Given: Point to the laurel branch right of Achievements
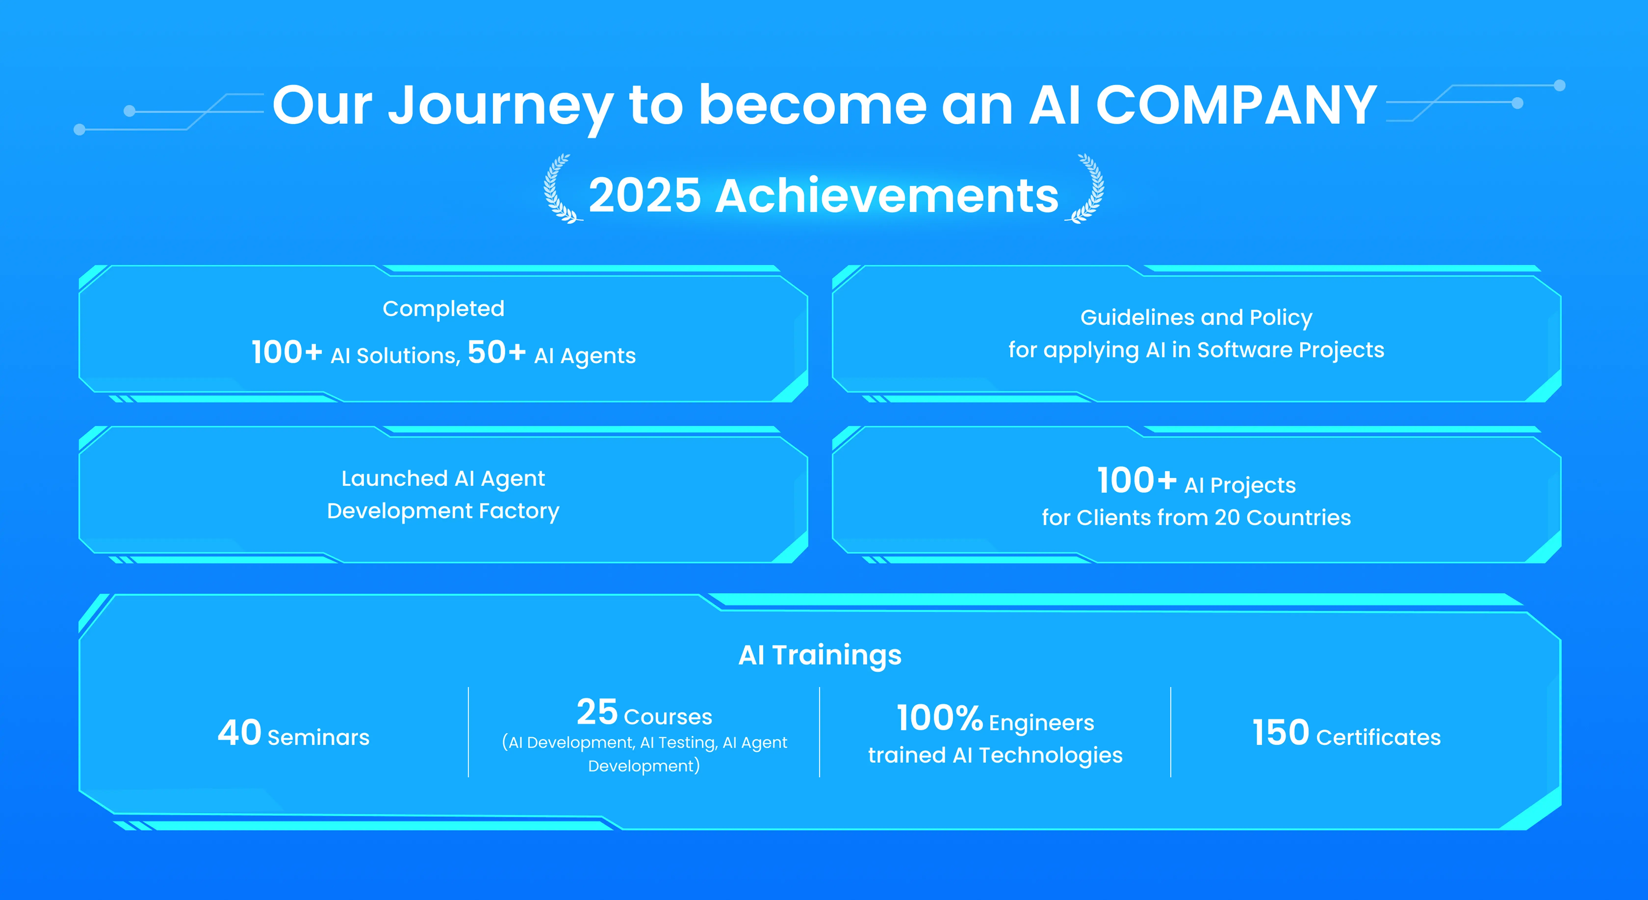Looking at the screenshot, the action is tap(1085, 188).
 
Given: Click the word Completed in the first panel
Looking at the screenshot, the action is tap(443, 308).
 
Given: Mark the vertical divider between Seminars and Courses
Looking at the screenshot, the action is tap(468, 732).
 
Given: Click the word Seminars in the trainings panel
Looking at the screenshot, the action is tap(319, 737).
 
